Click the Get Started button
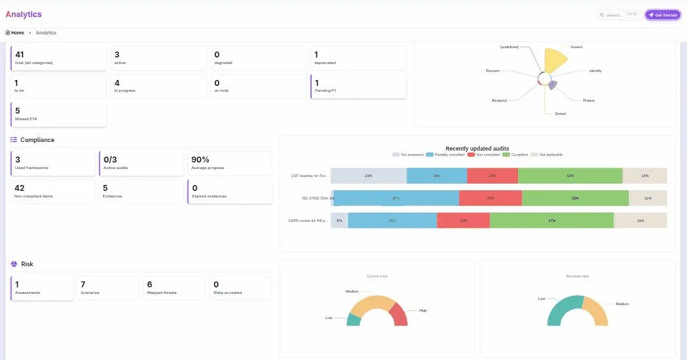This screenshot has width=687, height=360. pyautogui.click(x=663, y=15)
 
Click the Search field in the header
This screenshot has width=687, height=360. pyautogui.click(x=620, y=15)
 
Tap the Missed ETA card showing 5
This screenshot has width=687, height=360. pyautogui.click(x=59, y=114)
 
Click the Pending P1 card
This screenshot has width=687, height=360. pyautogui.click(x=358, y=86)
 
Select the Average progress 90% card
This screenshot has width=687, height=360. pyautogui.click(x=229, y=163)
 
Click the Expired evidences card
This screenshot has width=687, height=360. pyautogui.click(x=229, y=192)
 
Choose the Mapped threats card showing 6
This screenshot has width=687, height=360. pyautogui.click(x=174, y=287)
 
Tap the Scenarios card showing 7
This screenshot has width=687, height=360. pyautogui.click(x=108, y=287)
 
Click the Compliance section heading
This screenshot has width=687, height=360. pyautogui.click(x=37, y=140)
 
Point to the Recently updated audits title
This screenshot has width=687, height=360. pyautogui.click(x=477, y=149)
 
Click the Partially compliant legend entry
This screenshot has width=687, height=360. pyautogui.click(x=446, y=155)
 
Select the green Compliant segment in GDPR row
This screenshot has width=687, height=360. pyautogui.click(x=551, y=221)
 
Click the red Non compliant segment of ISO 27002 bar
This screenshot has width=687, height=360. pyautogui.click(x=490, y=198)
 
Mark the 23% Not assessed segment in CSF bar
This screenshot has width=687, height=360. pyautogui.click(x=368, y=176)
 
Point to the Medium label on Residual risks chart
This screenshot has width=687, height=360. pyautogui.click(x=622, y=304)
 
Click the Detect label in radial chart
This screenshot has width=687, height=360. pyautogui.click(x=560, y=114)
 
